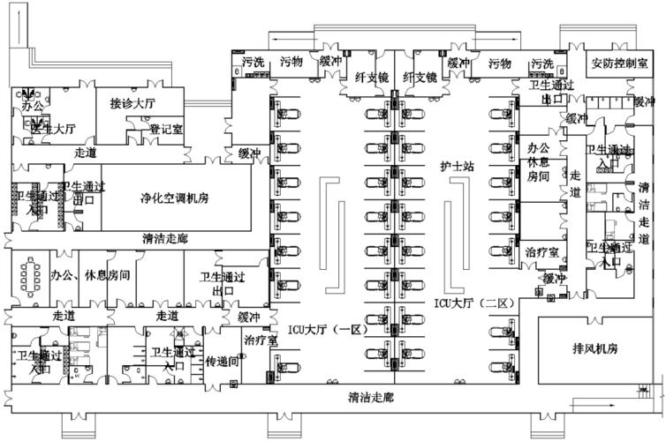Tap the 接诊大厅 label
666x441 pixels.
[132, 103]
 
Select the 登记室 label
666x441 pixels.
[165, 129]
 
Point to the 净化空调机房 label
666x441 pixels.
[174, 198]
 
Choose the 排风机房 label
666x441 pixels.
[588, 348]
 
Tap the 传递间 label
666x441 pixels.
[223, 362]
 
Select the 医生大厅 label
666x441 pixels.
[53, 129]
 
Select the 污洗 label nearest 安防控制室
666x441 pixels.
[542, 64]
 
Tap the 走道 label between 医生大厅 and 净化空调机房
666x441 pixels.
[87, 153]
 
